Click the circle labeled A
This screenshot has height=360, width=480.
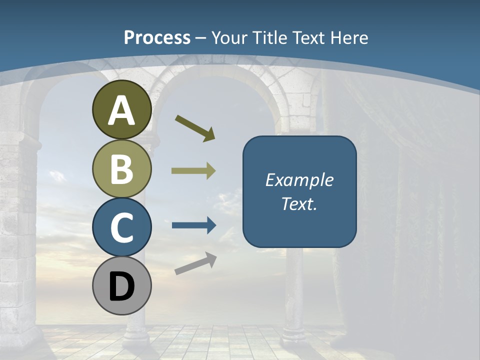point(121,110)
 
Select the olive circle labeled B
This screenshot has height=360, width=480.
point(121,168)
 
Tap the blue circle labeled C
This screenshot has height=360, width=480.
point(121,227)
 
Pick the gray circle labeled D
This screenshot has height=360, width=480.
point(121,285)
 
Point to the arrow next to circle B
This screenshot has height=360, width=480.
point(193,171)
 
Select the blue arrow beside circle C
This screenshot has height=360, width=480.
point(194,225)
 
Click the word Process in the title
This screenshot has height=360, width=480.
point(157,38)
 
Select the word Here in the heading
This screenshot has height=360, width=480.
point(349,38)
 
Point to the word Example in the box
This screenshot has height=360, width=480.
point(299,180)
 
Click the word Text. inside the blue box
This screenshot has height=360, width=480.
point(299,204)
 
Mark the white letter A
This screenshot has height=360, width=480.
point(121,111)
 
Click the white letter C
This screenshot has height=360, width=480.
point(121,228)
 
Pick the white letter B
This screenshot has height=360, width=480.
point(121,169)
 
